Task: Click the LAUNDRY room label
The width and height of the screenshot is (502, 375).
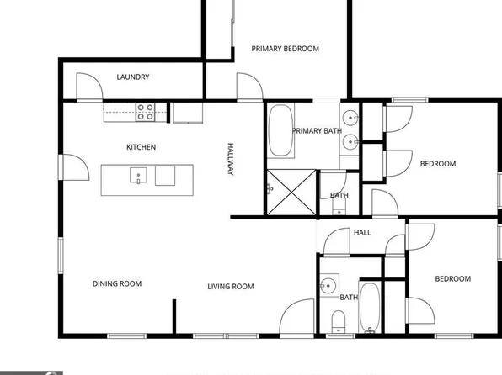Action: (x=132, y=77)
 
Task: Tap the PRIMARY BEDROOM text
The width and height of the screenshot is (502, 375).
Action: (x=286, y=49)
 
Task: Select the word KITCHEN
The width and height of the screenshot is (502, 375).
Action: (x=141, y=147)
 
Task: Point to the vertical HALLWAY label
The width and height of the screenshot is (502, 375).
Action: (x=230, y=157)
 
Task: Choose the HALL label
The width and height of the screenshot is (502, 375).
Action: (x=362, y=233)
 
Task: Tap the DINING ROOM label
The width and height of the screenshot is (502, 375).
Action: (x=117, y=283)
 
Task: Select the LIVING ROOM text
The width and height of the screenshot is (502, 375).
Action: (x=231, y=287)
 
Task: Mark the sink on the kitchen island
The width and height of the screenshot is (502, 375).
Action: (x=137, y=176)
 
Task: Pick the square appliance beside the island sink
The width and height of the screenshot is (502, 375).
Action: (x=165, y=176)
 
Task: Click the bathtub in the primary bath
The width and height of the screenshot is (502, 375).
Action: (x=280, y=130)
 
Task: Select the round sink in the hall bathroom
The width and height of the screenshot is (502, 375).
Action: (x=329, y=286)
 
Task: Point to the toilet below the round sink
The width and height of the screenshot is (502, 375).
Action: (x=338, y=320)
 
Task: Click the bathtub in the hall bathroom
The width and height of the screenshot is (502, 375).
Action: (x=370, y=308)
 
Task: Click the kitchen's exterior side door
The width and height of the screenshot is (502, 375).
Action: (x=75, y=166)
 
